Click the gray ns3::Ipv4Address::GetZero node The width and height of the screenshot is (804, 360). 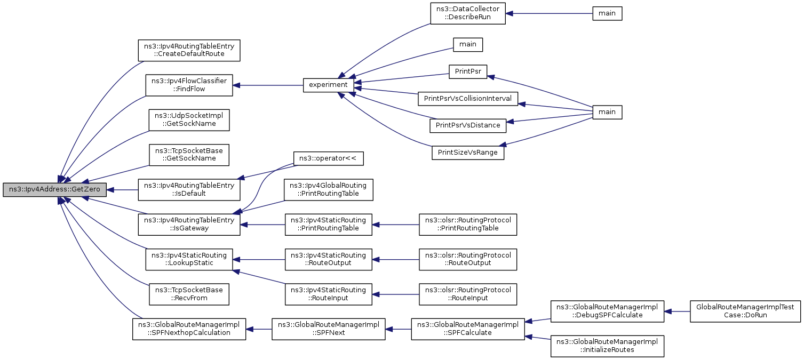[x=54, y=189]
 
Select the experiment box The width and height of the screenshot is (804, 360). [x=329, y=85]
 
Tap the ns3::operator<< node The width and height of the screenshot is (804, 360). [x=329, y=158]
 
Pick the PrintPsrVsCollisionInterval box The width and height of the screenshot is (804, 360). [x=468, y=99]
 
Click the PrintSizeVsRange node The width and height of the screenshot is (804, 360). [x=468, y=153]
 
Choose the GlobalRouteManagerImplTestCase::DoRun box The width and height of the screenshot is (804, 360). [x=745, y=311]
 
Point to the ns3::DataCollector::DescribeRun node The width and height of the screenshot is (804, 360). [x=468, y=13]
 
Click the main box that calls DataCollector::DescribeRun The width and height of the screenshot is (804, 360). [x=607, y=13]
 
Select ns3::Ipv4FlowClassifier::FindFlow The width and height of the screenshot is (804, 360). [x=189, y=85]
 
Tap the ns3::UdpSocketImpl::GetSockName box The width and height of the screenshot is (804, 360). [x=189, y=120]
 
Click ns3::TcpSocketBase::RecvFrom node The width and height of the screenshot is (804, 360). [x=189, y=294]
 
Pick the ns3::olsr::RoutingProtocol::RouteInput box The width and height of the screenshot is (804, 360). [x=468, y=294]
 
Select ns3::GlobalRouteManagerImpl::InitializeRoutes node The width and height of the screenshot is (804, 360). [x=607, y=346]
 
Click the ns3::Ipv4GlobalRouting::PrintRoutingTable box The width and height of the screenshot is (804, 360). [x=329, y=189]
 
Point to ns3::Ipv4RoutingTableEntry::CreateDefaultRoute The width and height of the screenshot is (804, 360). [x=189, y=50]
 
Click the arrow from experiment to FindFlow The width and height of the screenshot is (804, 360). [x=268, y=85]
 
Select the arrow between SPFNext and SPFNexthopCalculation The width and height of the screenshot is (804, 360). [x=259, y=329]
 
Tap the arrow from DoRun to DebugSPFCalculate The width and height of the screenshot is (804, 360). [x=677, y=311]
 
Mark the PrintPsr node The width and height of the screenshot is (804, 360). [x=468, y=71]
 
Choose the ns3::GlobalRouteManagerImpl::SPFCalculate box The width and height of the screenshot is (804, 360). [x=468, y=329]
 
